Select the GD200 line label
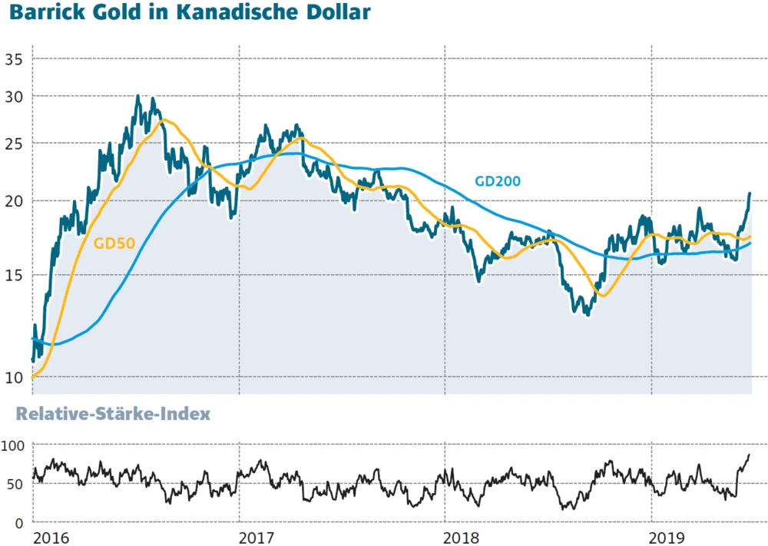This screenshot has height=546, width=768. tap(498, 182)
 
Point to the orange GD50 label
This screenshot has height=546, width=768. tap(114, 244)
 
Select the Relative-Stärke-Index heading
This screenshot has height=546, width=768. tap(114, 415)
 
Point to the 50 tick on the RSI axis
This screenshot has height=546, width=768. tap(17, 484)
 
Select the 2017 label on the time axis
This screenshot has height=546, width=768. tap(255, 537)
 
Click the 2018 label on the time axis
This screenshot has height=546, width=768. tap(462, 537)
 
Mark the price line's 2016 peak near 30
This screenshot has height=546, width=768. tap(137, 97)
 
